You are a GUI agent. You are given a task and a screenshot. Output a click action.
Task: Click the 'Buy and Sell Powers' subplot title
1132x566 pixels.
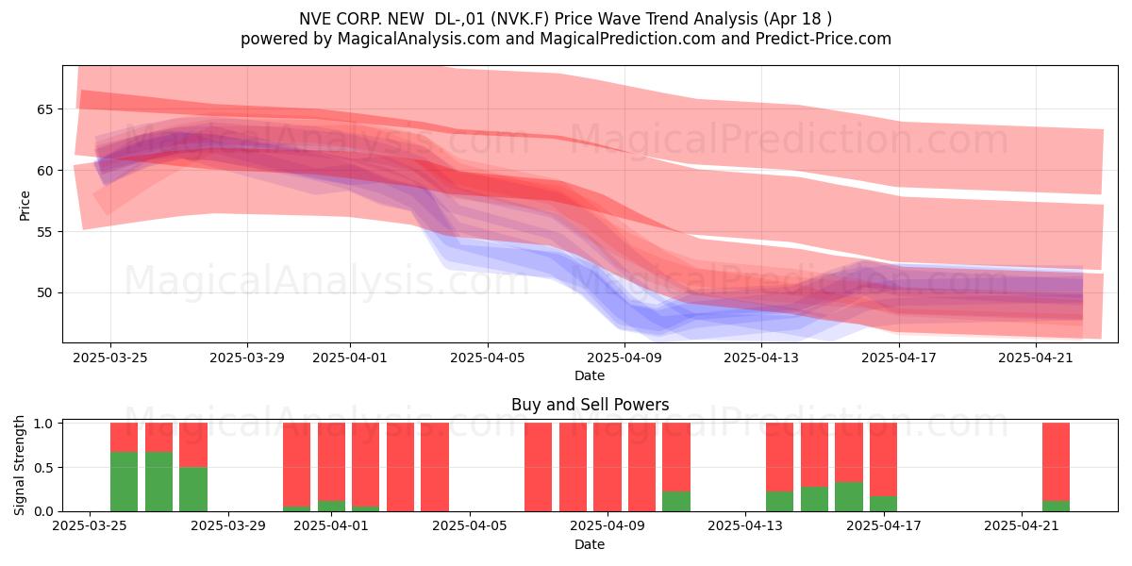(590, 405)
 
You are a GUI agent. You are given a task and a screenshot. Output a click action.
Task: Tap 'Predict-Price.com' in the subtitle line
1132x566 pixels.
(824, 39)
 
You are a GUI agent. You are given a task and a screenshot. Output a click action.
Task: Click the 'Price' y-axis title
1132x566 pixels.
(25, 206)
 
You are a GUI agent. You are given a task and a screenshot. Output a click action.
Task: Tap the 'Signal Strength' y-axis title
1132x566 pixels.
(19, 465)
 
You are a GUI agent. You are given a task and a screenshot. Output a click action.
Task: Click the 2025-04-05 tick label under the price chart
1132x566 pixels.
(488, 358)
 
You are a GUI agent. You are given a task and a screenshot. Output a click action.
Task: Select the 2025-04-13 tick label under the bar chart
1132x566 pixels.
(745, 526)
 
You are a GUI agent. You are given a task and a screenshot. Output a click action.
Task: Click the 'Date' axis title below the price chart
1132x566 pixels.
(590, 375)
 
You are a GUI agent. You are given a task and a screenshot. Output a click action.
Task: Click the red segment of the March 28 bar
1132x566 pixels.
(193, 445)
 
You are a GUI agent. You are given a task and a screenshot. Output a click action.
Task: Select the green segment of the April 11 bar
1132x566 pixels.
(676, 501)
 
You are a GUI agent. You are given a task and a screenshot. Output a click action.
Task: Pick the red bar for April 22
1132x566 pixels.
(1057, 462)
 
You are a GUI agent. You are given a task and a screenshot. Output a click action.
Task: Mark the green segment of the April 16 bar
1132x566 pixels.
(848, 497)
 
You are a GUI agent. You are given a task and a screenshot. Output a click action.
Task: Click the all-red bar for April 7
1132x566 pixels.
(539, 467)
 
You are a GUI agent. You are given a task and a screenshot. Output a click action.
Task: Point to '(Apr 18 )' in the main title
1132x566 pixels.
(797, 19)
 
